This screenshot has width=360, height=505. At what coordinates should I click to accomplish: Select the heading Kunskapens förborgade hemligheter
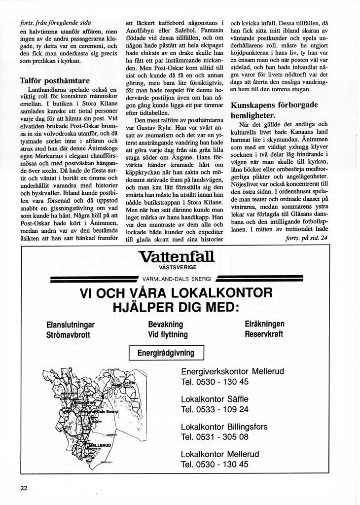click(274, 110)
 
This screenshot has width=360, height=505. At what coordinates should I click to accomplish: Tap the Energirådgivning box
click(166, 353)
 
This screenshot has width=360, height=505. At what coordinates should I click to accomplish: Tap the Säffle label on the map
click(129, 382)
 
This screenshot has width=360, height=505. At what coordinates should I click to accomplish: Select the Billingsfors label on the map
click(85, 402)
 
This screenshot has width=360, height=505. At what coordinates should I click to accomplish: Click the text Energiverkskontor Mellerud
click(232, 371)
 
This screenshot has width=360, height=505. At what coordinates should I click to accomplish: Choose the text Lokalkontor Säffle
click(215, 398)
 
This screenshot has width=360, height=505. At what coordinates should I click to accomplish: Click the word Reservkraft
click(264, 334)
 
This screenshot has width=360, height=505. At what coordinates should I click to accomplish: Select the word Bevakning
click(165, 325)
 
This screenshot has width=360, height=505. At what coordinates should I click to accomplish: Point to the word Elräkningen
click(265, 324)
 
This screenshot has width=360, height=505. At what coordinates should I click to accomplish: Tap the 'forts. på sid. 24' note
click(306, 239)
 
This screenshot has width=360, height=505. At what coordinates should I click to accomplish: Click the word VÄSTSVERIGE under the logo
click(177, 267)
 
